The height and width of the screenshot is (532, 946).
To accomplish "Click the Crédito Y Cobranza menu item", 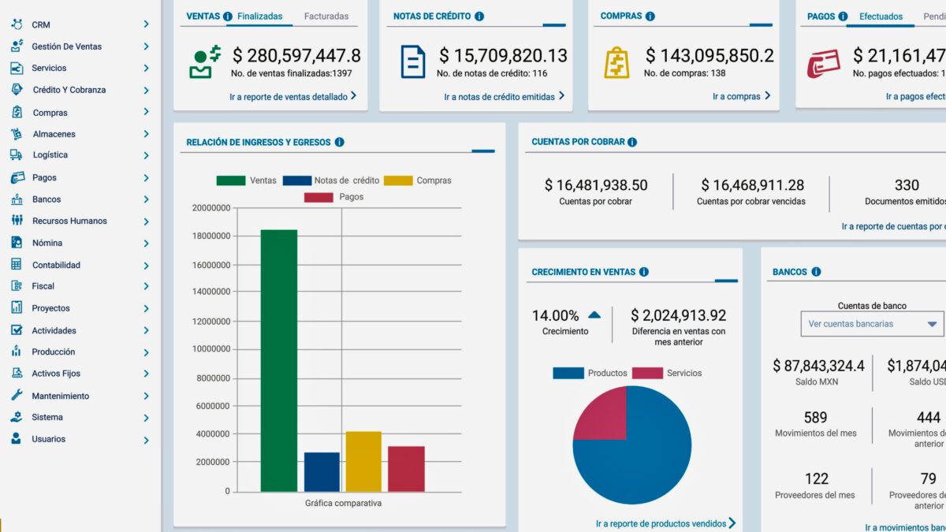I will point(69,90).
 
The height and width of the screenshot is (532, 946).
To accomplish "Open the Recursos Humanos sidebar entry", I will point(69,221).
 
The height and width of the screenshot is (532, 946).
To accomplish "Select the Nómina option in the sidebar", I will point(47,243).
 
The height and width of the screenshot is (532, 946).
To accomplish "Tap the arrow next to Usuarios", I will point(146,440).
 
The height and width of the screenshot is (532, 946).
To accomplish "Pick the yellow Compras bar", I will point(363,461).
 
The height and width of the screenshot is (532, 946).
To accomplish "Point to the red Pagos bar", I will point(406,468).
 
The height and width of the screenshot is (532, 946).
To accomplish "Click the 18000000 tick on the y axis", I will point(210,236).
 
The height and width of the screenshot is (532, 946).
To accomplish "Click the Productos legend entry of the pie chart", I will point(590,373).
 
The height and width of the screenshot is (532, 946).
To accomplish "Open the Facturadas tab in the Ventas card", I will point(326,16).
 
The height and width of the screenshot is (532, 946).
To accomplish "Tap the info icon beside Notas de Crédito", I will point(479,16).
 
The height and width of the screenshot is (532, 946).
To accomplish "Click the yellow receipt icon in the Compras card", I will point(616,62).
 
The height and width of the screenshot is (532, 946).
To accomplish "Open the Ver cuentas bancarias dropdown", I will point(871,324).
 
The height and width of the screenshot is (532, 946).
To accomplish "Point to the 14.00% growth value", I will point(555,315).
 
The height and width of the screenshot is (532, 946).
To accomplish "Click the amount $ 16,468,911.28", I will point(752,185).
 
